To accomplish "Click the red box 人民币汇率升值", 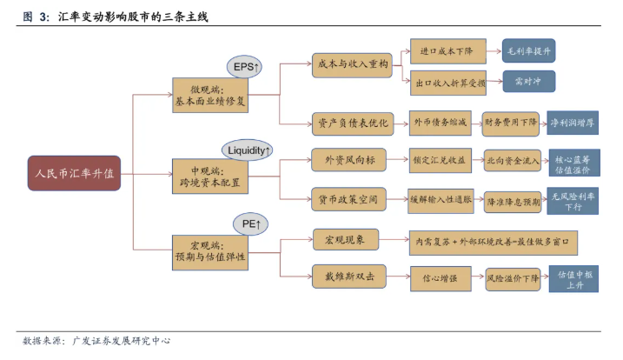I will click(x=73, y=173).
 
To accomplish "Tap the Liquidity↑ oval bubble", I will click(x=249, y=150).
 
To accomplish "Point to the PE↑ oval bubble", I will click(x=250, y=223).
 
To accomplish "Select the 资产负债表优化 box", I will click(x=351, y=123).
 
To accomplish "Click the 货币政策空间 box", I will click(x=351, y=199).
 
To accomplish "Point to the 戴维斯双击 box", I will click(x=351, y=277).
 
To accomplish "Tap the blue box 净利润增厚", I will click(x=572, y=123).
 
